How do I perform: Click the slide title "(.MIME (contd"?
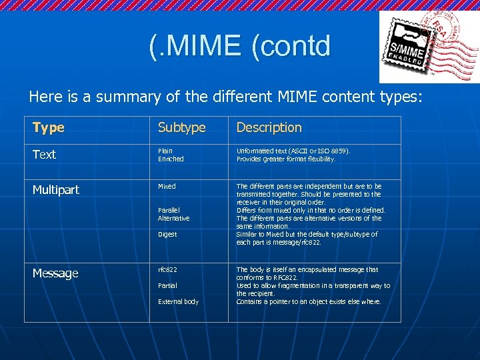240,46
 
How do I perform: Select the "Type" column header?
49,127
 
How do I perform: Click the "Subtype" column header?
181,127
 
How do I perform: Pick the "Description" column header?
269,127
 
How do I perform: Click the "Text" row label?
45,155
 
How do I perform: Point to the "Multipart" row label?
56,190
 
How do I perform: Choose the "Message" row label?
55,273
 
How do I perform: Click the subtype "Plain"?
166,151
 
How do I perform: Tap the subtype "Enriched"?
171,159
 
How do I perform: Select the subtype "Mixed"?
167,187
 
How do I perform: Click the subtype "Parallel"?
169,210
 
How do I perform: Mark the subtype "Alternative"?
173,218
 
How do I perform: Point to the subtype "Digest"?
167,235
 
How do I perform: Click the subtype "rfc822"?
167,270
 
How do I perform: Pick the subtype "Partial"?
167,286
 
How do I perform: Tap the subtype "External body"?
178,302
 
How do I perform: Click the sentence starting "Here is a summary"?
225,97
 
